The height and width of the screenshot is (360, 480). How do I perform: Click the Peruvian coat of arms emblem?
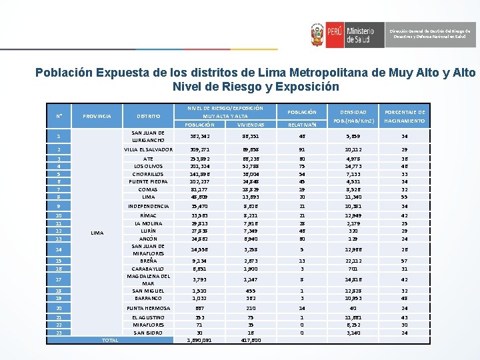click(318, 33)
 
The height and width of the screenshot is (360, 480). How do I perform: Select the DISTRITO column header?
click(148, 116)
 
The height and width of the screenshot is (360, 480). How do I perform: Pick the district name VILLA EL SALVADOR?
click(148, 149)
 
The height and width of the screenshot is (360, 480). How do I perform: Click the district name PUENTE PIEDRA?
click(148, 181)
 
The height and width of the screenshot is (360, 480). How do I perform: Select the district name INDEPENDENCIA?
click(148, 206)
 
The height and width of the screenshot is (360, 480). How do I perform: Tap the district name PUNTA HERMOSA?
click(148, 308)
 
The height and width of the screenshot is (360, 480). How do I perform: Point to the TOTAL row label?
click(109, 340)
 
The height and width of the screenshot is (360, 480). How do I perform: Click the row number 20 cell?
click(59, 308)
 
